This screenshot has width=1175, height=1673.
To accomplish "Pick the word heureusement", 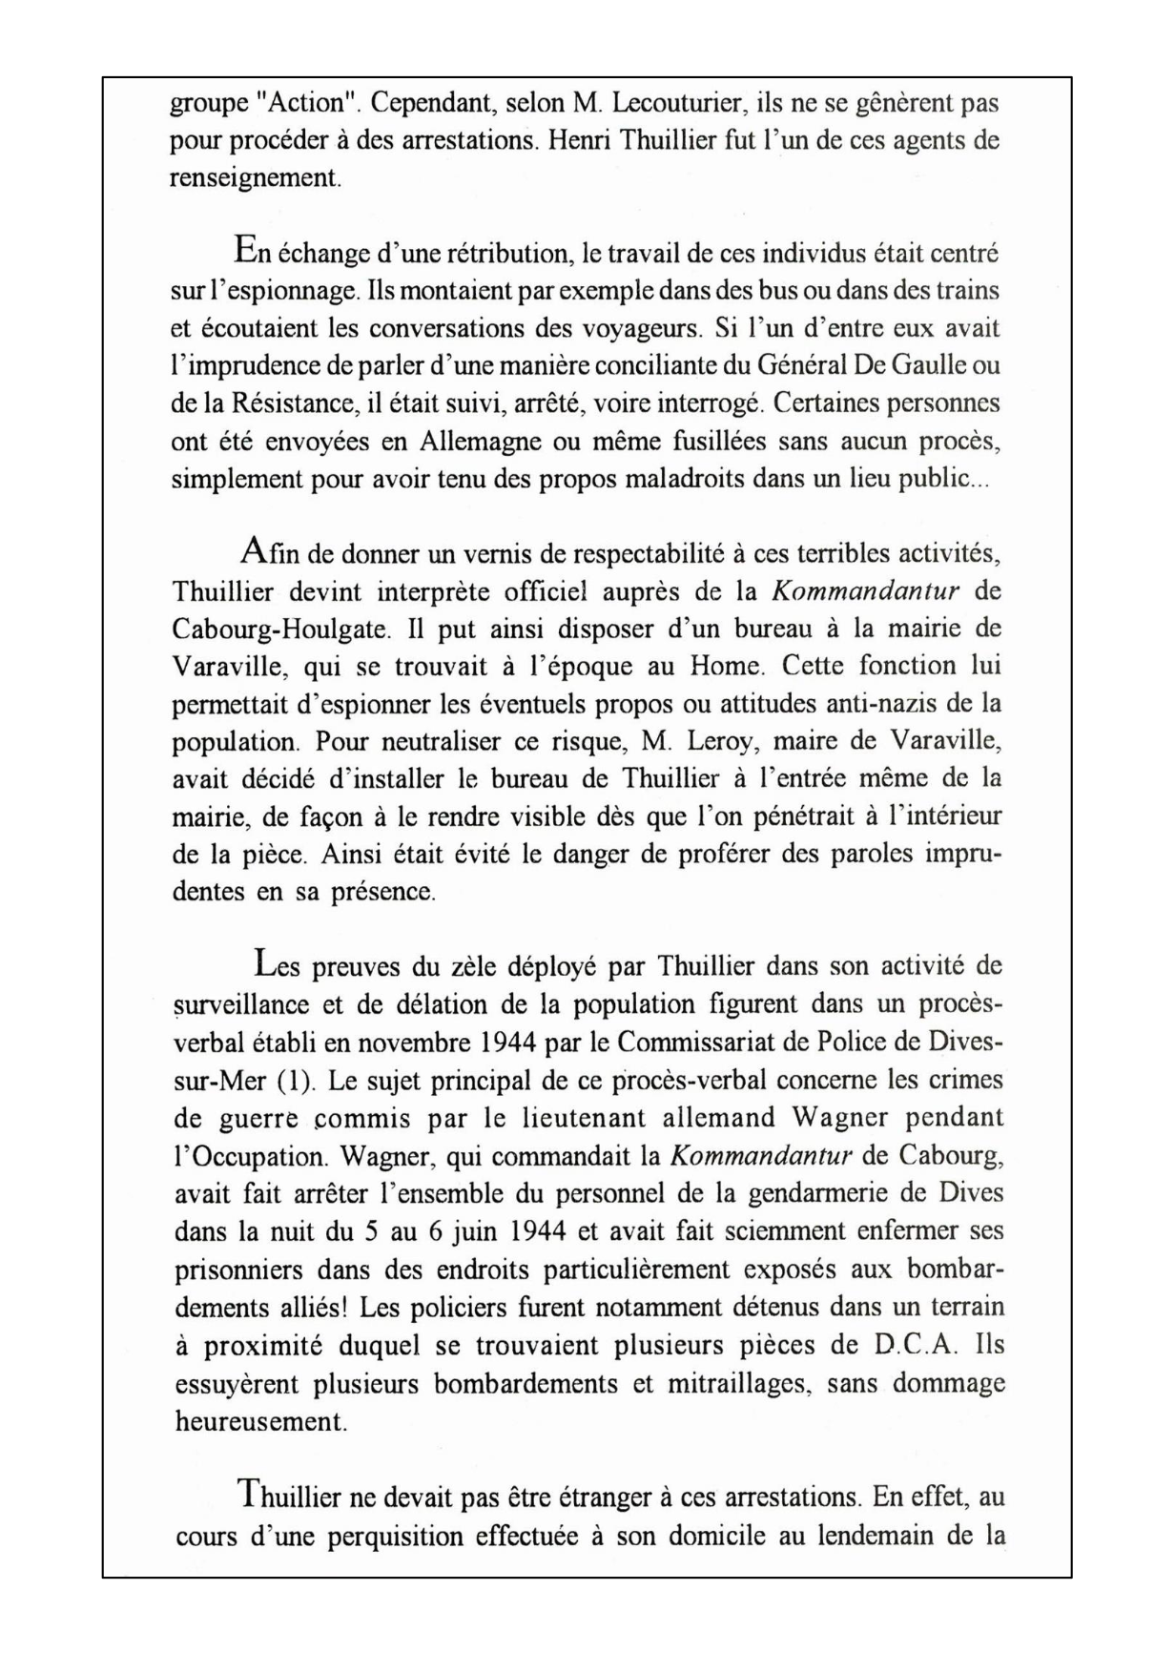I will click(260, 1421).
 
